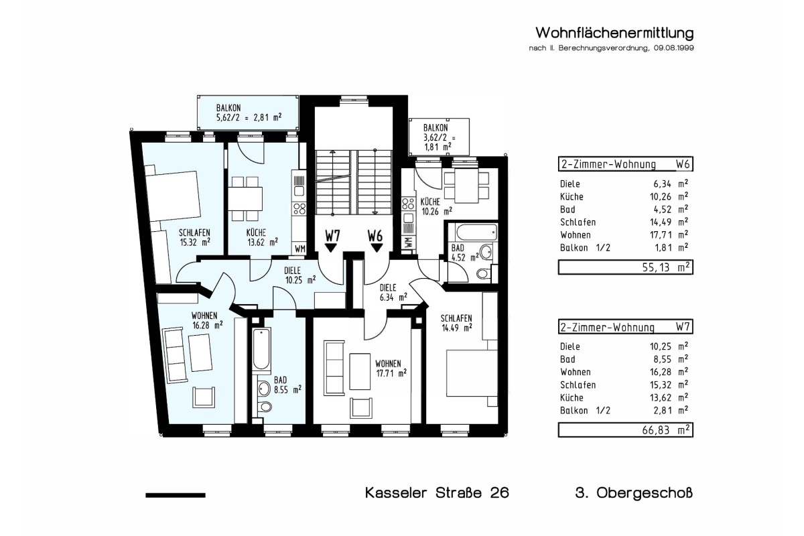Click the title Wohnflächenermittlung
[x=614, y=33]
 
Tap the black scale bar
[x=176, y=495]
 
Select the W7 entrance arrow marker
[x=330, y=248]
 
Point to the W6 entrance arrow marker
[x=377, y=248]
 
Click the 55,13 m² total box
[x=626, y=267]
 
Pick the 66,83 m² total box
[x=626, y=430]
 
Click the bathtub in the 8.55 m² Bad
[x=261, y=349]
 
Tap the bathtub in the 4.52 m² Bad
[x=476, y=232]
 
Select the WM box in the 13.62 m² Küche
[x=299, y=249]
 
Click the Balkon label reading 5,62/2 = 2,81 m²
[x=249, y=113]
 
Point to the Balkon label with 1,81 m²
[x=439, y=137]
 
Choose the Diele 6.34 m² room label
[x=393, y=293]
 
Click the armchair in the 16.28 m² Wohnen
[x=204, y=397]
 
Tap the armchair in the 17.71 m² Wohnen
[x=361, y=408]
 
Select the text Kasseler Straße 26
[x=437, y=493]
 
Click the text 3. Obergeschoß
[x=634, y=493]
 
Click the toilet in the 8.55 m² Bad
[x=265, y=407]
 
